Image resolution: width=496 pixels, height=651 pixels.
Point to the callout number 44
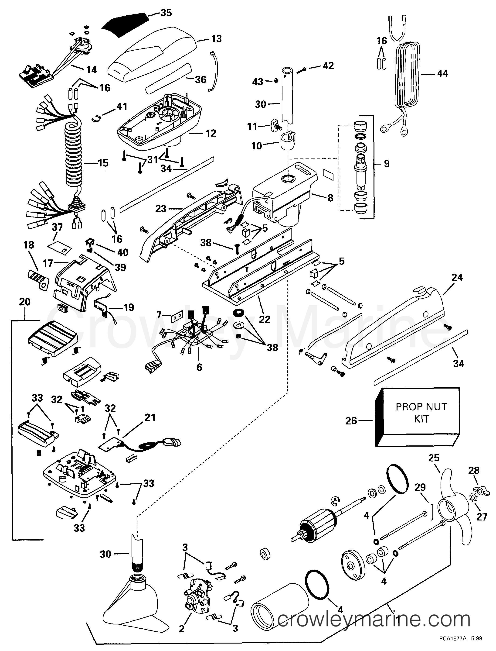[x=442, y=74]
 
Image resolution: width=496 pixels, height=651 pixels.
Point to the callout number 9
[x=387, y=163]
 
